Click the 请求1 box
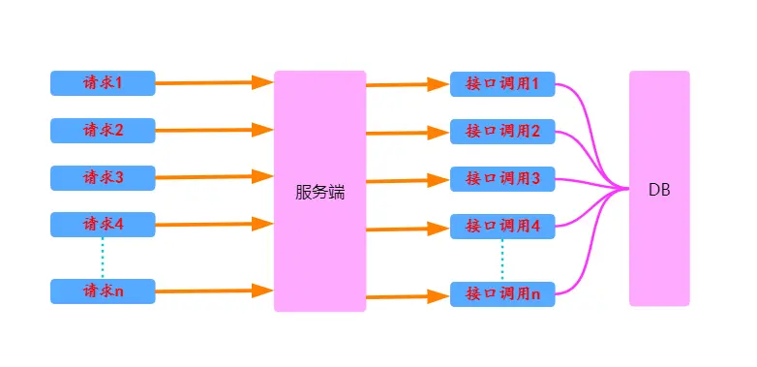pos(103,83)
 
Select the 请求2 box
pos(103,130)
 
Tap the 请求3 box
pos(103,177)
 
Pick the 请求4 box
pos(103,225)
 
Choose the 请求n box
pos(103,291)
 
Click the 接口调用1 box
pos(502,84)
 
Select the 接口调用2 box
pos(502,131)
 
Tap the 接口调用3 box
pos(502,179)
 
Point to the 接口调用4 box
pos(502,227)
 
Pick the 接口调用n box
pos(502,294)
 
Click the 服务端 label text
pos(319,192)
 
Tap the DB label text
pos(659,191)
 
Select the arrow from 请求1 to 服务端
pos(213,83)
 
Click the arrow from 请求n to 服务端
pos(213,291)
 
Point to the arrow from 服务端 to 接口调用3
pos(407,180)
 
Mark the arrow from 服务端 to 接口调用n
pos(407,296)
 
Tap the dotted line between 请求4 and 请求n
pos(103,258)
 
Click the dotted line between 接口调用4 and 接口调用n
pos(502,260)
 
